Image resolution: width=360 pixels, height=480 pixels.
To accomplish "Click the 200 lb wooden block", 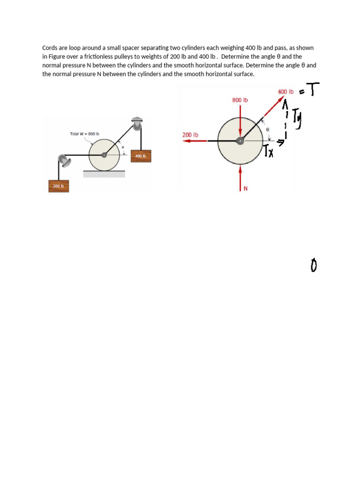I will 59,186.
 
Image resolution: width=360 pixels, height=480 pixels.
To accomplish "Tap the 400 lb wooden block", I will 141,156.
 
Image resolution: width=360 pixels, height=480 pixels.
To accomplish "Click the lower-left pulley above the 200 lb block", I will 64,161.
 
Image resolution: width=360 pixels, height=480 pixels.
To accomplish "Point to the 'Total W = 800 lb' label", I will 84,134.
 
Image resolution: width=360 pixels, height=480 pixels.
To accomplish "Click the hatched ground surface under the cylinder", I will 104,174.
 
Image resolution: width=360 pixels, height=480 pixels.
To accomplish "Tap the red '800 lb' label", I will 240,100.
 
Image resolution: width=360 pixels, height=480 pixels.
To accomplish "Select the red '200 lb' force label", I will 190,135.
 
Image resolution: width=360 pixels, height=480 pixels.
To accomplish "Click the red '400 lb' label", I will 285,91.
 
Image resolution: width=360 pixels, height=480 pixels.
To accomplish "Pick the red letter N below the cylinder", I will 245,188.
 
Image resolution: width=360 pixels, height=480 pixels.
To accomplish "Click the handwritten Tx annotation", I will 268,151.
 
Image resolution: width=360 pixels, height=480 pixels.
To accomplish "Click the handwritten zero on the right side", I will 314,266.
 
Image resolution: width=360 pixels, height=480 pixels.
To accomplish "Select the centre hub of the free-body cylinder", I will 240,141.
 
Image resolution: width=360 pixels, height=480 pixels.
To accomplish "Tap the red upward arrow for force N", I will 240,176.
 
